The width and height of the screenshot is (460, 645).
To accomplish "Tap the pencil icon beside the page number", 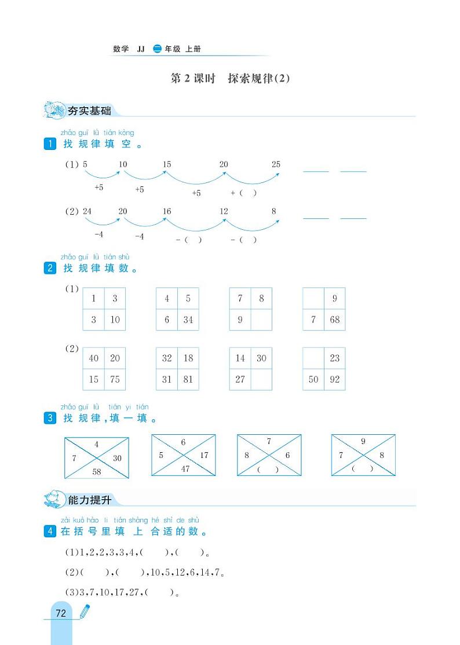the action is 84,611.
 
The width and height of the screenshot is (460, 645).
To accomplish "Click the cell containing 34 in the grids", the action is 188,320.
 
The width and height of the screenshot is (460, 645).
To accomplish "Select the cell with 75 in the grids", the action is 115,380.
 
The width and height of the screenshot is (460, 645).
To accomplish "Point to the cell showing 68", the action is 334,320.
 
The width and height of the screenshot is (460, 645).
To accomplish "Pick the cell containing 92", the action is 334,380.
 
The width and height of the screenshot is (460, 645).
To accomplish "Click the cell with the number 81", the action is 188,380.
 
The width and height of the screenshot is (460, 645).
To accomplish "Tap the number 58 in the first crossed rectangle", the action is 97,472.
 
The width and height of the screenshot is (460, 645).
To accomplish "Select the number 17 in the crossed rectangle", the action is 204,455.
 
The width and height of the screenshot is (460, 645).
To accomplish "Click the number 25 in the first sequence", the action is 276,164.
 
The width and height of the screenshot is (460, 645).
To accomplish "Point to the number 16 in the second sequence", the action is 167,211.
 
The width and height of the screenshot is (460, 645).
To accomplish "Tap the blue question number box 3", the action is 50,419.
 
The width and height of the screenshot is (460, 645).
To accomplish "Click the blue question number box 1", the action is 50,144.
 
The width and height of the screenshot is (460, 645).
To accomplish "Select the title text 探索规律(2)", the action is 258,79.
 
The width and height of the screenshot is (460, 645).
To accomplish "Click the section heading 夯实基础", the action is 89,111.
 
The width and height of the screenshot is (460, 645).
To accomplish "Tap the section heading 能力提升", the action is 89,500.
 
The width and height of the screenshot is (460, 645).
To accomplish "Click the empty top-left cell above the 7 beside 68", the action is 313,299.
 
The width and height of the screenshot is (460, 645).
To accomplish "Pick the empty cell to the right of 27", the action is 261,380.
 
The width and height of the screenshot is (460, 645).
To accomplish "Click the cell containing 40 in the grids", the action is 93,358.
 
